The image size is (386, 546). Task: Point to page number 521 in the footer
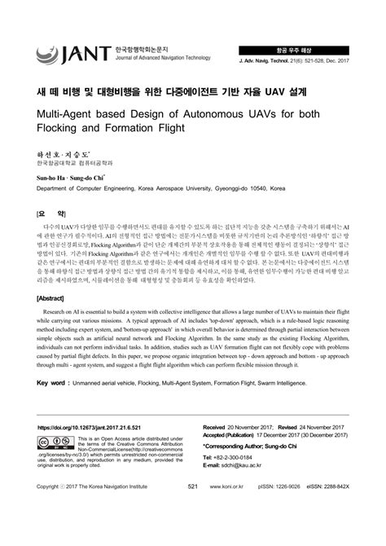click(x=193, y=509)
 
